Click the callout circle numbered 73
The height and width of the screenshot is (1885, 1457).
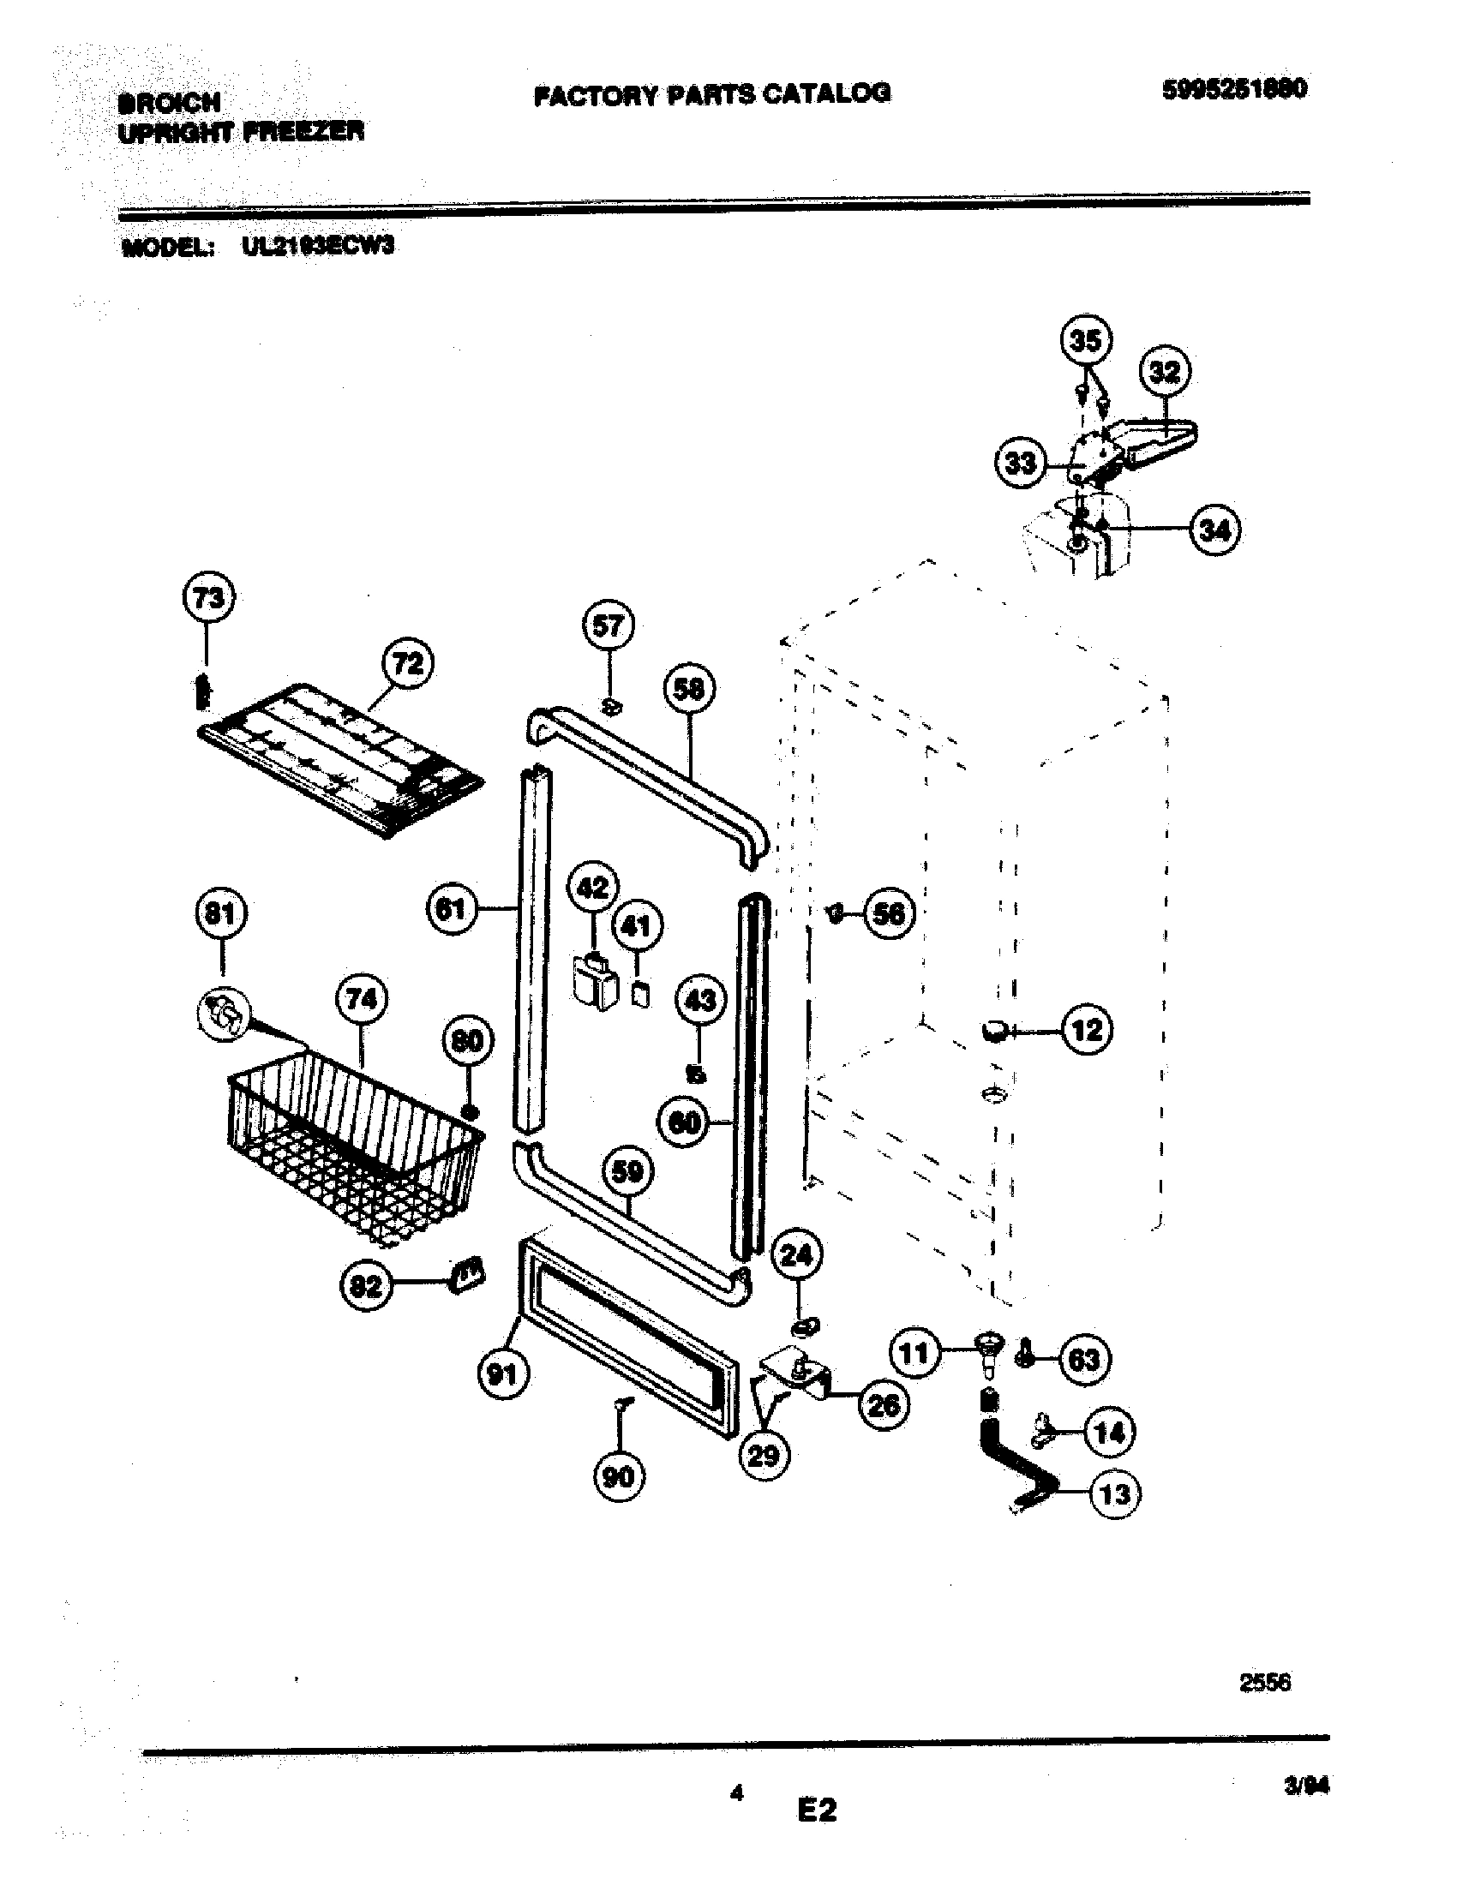click(x=210, y=598)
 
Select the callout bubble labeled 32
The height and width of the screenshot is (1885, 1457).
click(x=1165, y=372)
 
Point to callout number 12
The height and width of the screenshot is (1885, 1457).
click(x=1087, y=1030)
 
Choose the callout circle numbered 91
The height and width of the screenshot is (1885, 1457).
click(x=503, y=1373)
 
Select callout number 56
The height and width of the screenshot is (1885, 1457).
click(x=889, y=913)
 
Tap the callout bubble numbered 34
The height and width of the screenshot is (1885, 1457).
click(x=1214, y=529)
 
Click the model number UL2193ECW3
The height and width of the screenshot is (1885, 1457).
click(x=318, y=247)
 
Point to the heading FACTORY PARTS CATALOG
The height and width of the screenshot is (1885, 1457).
click(x=712, y=93)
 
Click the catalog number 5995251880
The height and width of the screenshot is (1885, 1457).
click(x=1233, y=89)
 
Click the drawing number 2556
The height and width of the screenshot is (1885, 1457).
click(x=1264, y=1682)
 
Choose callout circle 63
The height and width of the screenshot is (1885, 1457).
click(x=1084, y=1360)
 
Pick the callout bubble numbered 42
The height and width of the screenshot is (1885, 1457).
click(x=593, y=888)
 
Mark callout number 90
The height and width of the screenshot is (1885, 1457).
click(x=618, y=1477)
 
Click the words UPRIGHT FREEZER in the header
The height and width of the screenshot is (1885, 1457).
click(x=241, y=132)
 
